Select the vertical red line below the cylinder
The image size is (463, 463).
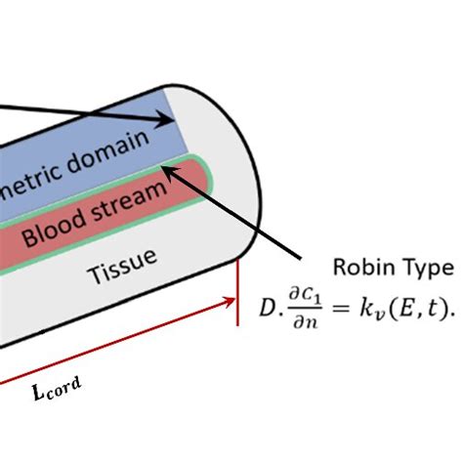coord(237,294)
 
